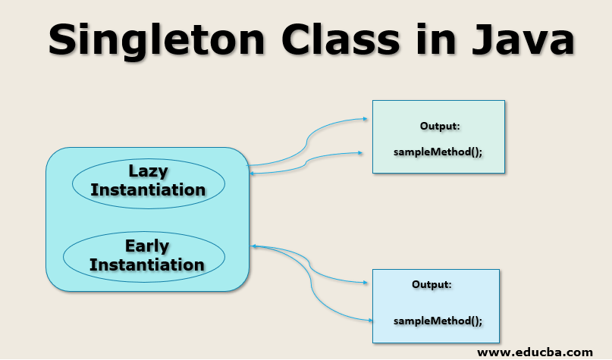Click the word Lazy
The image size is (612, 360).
tap(149, 171)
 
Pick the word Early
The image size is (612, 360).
tap(147, 246)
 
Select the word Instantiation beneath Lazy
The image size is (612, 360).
tap(148, 189)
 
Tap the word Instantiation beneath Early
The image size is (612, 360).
tap(147, 265)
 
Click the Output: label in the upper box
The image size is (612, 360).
tap(440, 126)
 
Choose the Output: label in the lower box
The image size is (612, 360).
tap(432, 284)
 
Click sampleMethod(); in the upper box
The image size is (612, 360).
tap(438, 151)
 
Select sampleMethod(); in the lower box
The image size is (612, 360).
tap(438, 321)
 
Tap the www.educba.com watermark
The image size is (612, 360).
tap(535, 352)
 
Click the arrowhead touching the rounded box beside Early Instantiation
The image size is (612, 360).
tap(253, 246)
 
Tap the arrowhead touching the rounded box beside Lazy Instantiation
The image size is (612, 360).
tap(253, 174)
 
